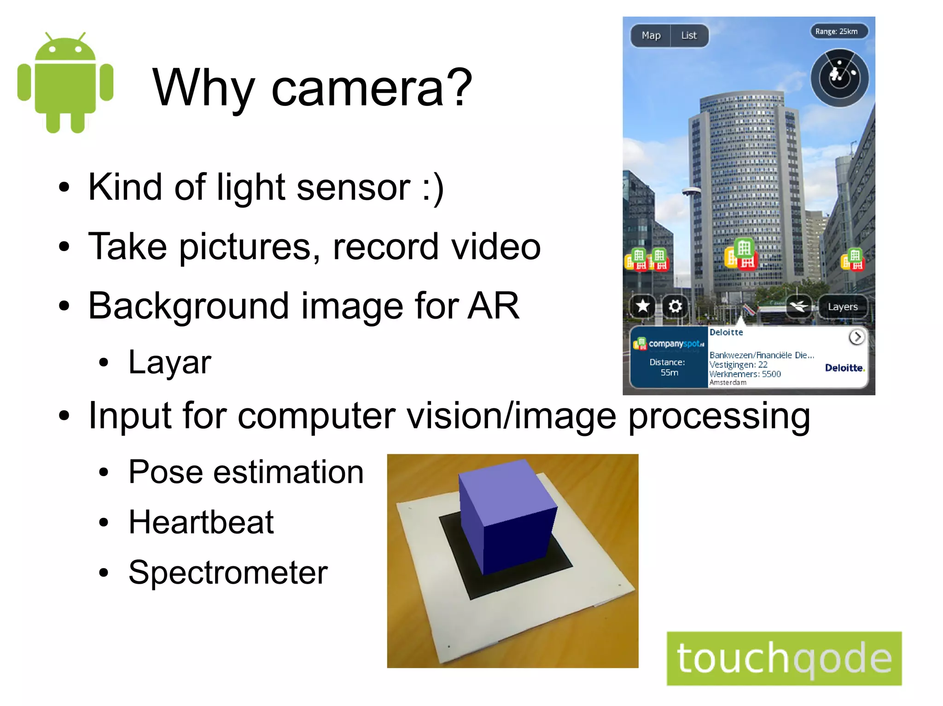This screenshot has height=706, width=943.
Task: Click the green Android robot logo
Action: [65, 83]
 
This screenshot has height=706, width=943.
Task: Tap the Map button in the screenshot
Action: [651, 35]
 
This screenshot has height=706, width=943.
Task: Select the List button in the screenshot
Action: [689, 35]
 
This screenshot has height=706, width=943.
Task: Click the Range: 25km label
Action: [836, 31]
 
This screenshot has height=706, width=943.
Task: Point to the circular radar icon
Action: [839, 78]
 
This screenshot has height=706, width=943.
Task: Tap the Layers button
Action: [842, 307]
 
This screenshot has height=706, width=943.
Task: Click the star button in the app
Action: [643, 306]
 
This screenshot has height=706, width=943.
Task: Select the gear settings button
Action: [675, 306]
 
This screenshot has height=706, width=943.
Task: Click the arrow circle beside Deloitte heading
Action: [856, 337]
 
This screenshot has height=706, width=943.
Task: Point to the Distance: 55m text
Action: [668, 367]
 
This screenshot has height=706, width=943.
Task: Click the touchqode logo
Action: [784, 659]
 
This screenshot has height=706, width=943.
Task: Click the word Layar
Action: [169, 362]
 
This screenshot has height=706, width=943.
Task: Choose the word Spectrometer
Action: [228, 573]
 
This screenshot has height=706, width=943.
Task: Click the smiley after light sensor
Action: [433, 188]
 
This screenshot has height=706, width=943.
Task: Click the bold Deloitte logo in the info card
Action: [844, 368]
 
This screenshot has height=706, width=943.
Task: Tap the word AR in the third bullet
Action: [493, 306]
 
